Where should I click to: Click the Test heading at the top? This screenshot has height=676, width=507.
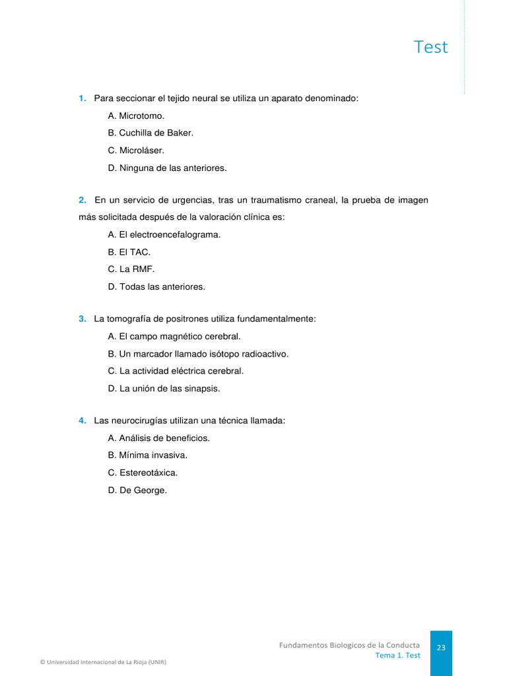point(430,47)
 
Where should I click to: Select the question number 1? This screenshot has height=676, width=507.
point(83,98)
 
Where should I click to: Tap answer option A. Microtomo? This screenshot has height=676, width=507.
point(136,116)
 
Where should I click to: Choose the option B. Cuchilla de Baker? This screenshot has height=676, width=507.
point(151,133)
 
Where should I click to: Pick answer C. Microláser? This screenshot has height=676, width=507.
point(136,151)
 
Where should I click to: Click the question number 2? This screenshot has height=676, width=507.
point(83,200)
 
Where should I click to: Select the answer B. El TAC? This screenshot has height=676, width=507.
point(129,252)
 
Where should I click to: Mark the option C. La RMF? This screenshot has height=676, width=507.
point(131,269)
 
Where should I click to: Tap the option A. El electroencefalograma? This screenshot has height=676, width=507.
point(164,234)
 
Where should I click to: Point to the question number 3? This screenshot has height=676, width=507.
point(83,319)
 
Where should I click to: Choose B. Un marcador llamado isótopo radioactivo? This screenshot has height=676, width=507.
point(198,354)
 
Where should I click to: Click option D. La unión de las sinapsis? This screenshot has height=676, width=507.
point(164,389)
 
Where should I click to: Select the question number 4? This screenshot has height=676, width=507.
point(83,421)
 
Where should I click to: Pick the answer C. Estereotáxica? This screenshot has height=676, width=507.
point(143,473)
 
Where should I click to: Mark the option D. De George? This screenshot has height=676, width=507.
point(137,490)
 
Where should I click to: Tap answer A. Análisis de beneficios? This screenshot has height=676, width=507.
point(159,438)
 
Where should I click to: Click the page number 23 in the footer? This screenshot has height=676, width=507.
point(441,648)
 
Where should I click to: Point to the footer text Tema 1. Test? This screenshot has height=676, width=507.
point(397,656)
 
